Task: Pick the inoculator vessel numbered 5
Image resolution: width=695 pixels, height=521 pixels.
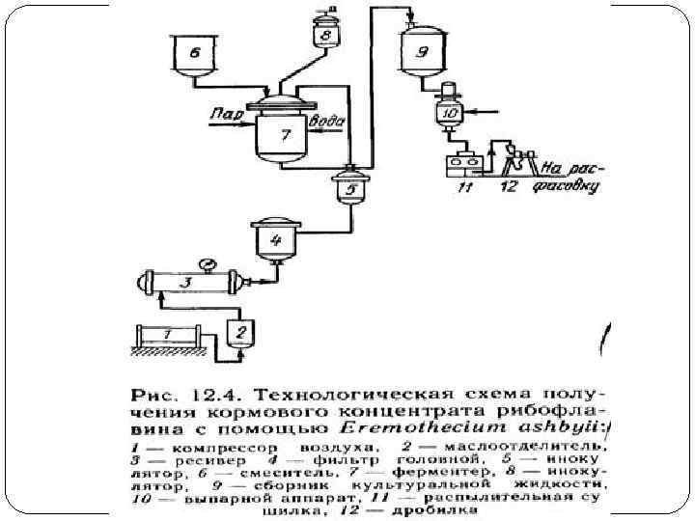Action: [347, 188]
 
